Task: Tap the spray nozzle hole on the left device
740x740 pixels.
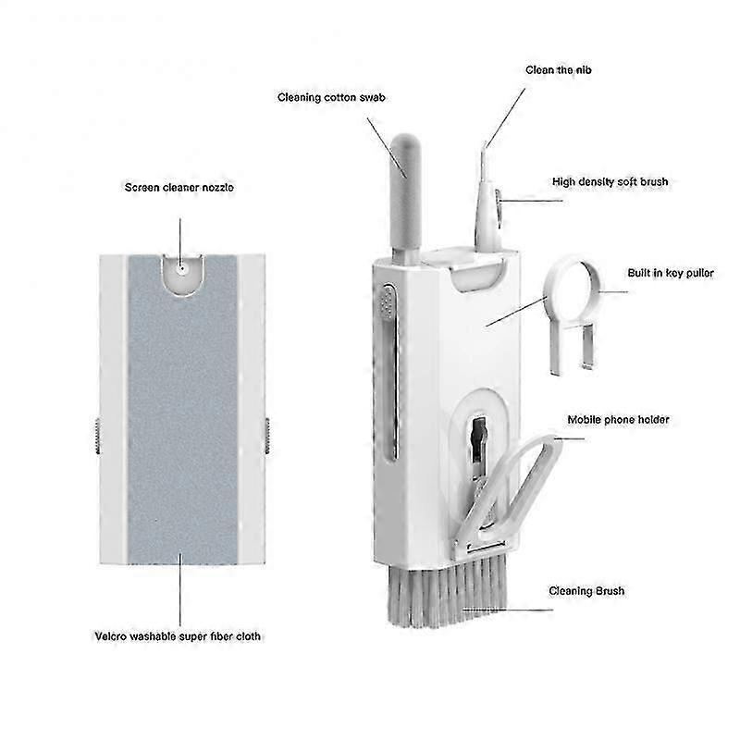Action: [182, 268]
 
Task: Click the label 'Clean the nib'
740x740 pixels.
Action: [558, 69]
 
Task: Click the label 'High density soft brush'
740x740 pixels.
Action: [610, 182]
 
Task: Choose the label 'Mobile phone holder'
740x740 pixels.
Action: [620, 420]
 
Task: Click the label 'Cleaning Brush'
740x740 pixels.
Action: [586, 591]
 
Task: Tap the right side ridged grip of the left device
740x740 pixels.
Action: [266, 435]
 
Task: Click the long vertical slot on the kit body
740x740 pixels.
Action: [393, 388]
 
